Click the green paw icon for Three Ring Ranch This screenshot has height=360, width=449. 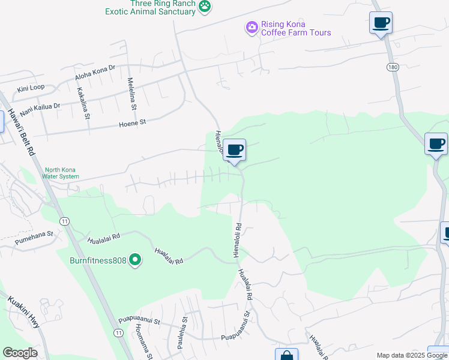tap(206, 7)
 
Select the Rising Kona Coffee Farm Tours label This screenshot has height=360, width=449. tap(295, 28)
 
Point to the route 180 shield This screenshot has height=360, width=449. tap(393, 67)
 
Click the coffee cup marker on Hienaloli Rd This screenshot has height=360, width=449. tap(235, 150)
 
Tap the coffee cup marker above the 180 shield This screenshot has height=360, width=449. tap(381, 23)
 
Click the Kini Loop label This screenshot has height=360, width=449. tap(31, 88)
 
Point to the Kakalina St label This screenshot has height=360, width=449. tap(83, 103)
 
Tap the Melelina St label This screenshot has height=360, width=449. tap(131, 94)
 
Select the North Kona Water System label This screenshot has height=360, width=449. tap(61, 173)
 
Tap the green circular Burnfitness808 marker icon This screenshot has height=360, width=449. tap(136, 260)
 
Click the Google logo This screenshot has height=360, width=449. tap(20, 353)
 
